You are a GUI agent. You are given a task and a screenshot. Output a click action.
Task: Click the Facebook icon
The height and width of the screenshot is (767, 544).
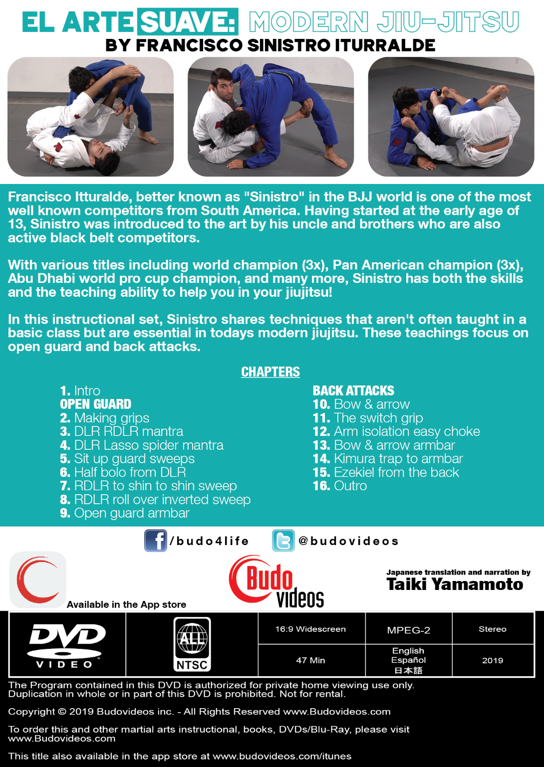coord(156,541)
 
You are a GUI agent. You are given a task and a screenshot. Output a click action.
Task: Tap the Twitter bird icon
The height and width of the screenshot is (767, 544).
coord(283,541)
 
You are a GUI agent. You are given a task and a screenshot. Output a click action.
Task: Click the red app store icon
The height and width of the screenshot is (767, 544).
coord(38,579)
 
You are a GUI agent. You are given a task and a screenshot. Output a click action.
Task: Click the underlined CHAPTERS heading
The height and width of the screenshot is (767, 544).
coord(271,372)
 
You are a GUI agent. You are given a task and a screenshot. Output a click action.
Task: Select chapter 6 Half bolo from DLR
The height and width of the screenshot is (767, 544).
coord(123,472)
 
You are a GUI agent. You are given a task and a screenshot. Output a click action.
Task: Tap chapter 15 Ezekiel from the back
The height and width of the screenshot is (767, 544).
coord(386,472)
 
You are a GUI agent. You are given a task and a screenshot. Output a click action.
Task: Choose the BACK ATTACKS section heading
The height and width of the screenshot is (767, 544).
coord(353,390)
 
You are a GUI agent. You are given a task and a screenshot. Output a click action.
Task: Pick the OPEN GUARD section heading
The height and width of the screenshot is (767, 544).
coord(96,404)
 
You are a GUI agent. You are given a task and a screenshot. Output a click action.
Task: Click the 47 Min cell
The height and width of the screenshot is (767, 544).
coord(310,660)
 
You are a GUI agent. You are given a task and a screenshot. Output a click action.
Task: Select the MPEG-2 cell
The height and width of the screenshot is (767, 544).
coord(408,630)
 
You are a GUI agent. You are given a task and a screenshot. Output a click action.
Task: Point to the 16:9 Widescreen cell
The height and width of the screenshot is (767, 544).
coord(310,629)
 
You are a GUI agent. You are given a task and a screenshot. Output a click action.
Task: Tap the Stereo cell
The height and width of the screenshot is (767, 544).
coord(492,629)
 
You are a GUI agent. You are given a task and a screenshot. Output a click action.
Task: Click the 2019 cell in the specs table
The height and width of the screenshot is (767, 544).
coord(492,660)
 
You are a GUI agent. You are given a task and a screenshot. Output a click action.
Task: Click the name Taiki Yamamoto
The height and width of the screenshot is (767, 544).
coord(455,584)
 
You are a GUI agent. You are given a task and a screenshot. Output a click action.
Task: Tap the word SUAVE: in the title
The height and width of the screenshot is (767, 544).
coord(188,22)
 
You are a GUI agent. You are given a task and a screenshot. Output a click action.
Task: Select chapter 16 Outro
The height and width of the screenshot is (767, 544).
coord(340,486)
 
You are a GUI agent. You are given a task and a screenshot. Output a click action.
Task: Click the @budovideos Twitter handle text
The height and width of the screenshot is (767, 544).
coord(348,541)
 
